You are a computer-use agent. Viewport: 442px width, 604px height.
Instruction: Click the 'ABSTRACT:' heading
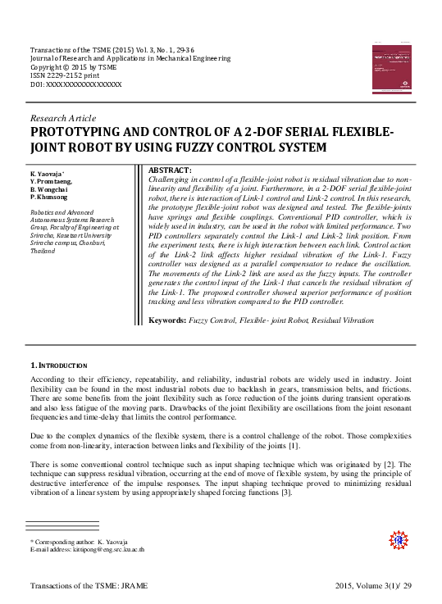[169, 170]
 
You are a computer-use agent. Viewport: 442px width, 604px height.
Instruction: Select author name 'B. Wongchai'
[50, 190]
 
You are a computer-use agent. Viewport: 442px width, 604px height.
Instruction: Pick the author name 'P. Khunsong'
[49, 198]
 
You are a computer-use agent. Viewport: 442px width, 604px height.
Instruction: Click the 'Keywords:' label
[168, 340]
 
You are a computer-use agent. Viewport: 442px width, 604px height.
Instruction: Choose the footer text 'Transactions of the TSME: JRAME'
[89, 586]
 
